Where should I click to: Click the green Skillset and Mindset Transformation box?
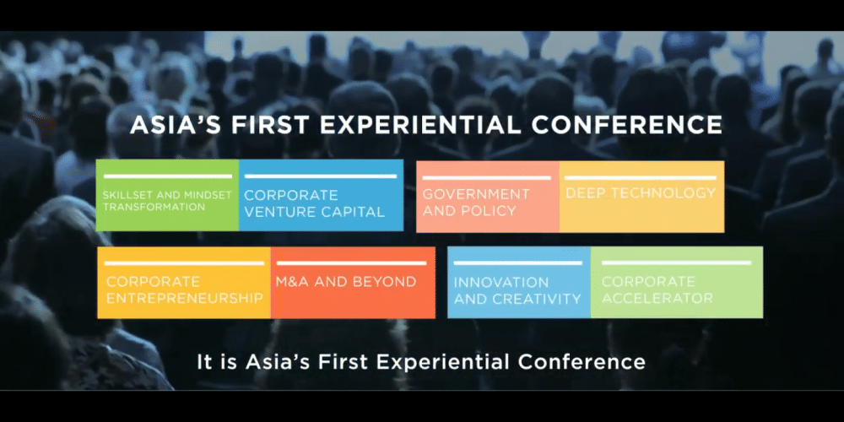click(167, 196)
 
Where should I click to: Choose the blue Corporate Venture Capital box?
click(322, 196)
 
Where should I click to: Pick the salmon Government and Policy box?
click(487, 196)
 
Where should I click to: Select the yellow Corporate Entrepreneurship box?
click(183, 283)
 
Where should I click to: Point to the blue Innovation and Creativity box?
click(518, 283)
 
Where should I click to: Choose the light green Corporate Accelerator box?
click(676, 283)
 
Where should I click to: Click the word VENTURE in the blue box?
click(279, 212)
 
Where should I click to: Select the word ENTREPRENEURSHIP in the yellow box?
click(185, 298)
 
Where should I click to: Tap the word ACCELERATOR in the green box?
click(657, 298)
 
